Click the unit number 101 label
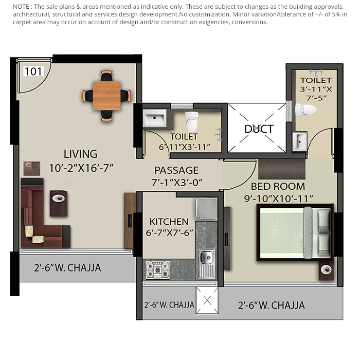[33, 71]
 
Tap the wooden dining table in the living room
[107, 96]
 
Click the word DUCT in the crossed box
[259, 129]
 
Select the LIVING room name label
[80, 154]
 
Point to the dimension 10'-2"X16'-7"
[81, 167]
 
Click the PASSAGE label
[176, 170]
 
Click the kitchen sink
[207, 257]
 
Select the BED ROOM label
[278, 186]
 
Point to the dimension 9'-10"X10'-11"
[282, 197]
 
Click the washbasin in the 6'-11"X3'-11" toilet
[154, 119]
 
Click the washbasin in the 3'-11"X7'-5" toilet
[300, 140]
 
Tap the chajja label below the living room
[67, 268]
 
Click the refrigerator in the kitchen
[207, 208]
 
